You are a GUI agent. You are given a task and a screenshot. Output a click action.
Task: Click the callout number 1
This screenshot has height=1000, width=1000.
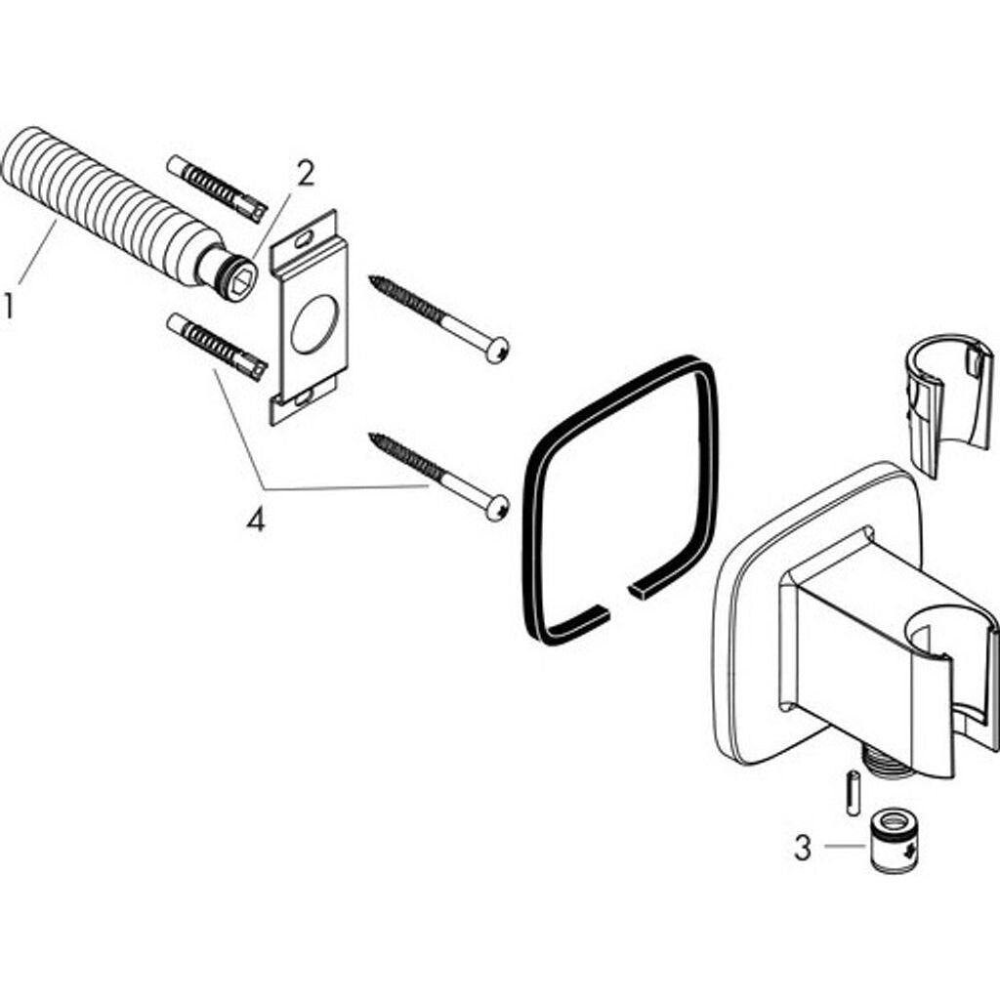[8, 305]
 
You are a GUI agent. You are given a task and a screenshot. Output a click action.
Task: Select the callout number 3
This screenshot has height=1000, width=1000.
[803, 848]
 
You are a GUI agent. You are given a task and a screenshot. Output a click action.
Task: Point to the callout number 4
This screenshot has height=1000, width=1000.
[255, 521]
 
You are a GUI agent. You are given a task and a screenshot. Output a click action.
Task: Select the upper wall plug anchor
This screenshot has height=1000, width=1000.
[216, 188]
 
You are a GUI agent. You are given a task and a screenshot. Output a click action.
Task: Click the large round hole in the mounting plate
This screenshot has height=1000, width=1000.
[315, 323]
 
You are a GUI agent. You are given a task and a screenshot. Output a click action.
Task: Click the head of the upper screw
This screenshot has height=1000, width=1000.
[497, 351]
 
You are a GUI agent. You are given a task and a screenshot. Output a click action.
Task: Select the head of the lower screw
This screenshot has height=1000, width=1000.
[497, 508]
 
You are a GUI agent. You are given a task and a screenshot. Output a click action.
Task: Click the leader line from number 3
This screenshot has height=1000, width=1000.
[845, 847]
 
